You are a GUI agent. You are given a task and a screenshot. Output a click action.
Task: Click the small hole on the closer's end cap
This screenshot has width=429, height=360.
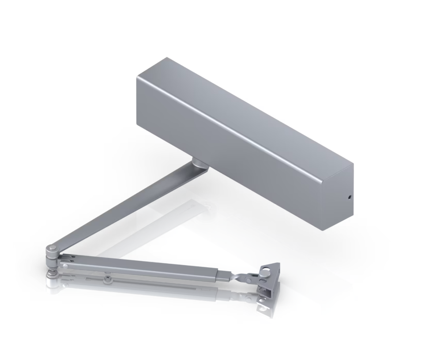tap(349, 198)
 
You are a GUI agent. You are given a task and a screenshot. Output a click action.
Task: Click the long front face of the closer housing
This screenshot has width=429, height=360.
tap(230, 146)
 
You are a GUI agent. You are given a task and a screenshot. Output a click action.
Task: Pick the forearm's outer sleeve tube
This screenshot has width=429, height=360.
tap(146, 268)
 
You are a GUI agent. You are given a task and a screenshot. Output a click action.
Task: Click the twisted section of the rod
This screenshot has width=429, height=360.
tap(241, 277)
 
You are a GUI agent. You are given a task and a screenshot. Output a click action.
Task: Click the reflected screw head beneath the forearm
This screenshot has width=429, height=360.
tap(106, 278)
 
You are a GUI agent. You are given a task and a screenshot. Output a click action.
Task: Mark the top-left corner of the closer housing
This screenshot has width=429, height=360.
tap(138, 79)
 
